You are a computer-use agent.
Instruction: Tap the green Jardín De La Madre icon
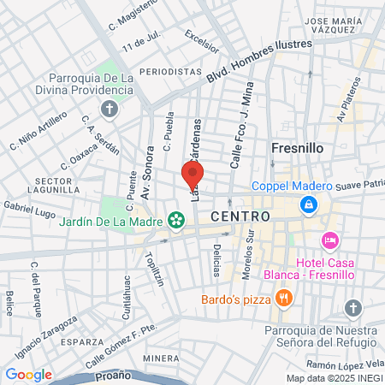coord(176,220)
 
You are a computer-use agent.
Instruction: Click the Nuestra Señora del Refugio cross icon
coord(352,308)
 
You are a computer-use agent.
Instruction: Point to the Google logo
coord(28,374)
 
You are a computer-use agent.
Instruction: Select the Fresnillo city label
coord(297,147)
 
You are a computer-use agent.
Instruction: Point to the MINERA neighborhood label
coord(161,358)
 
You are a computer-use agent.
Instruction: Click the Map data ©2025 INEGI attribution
coord(335,377)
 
